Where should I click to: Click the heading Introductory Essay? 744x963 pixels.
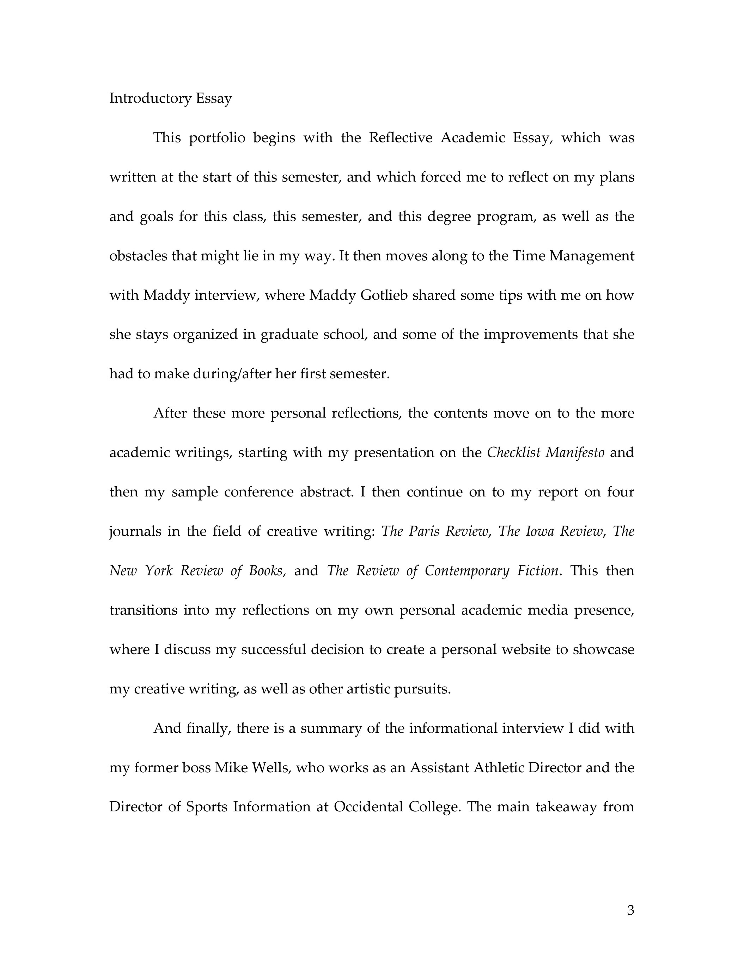pyautogui.click(x=170, y=98)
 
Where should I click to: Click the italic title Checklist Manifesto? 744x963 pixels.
pyautogui.click(x=545, y=453)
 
